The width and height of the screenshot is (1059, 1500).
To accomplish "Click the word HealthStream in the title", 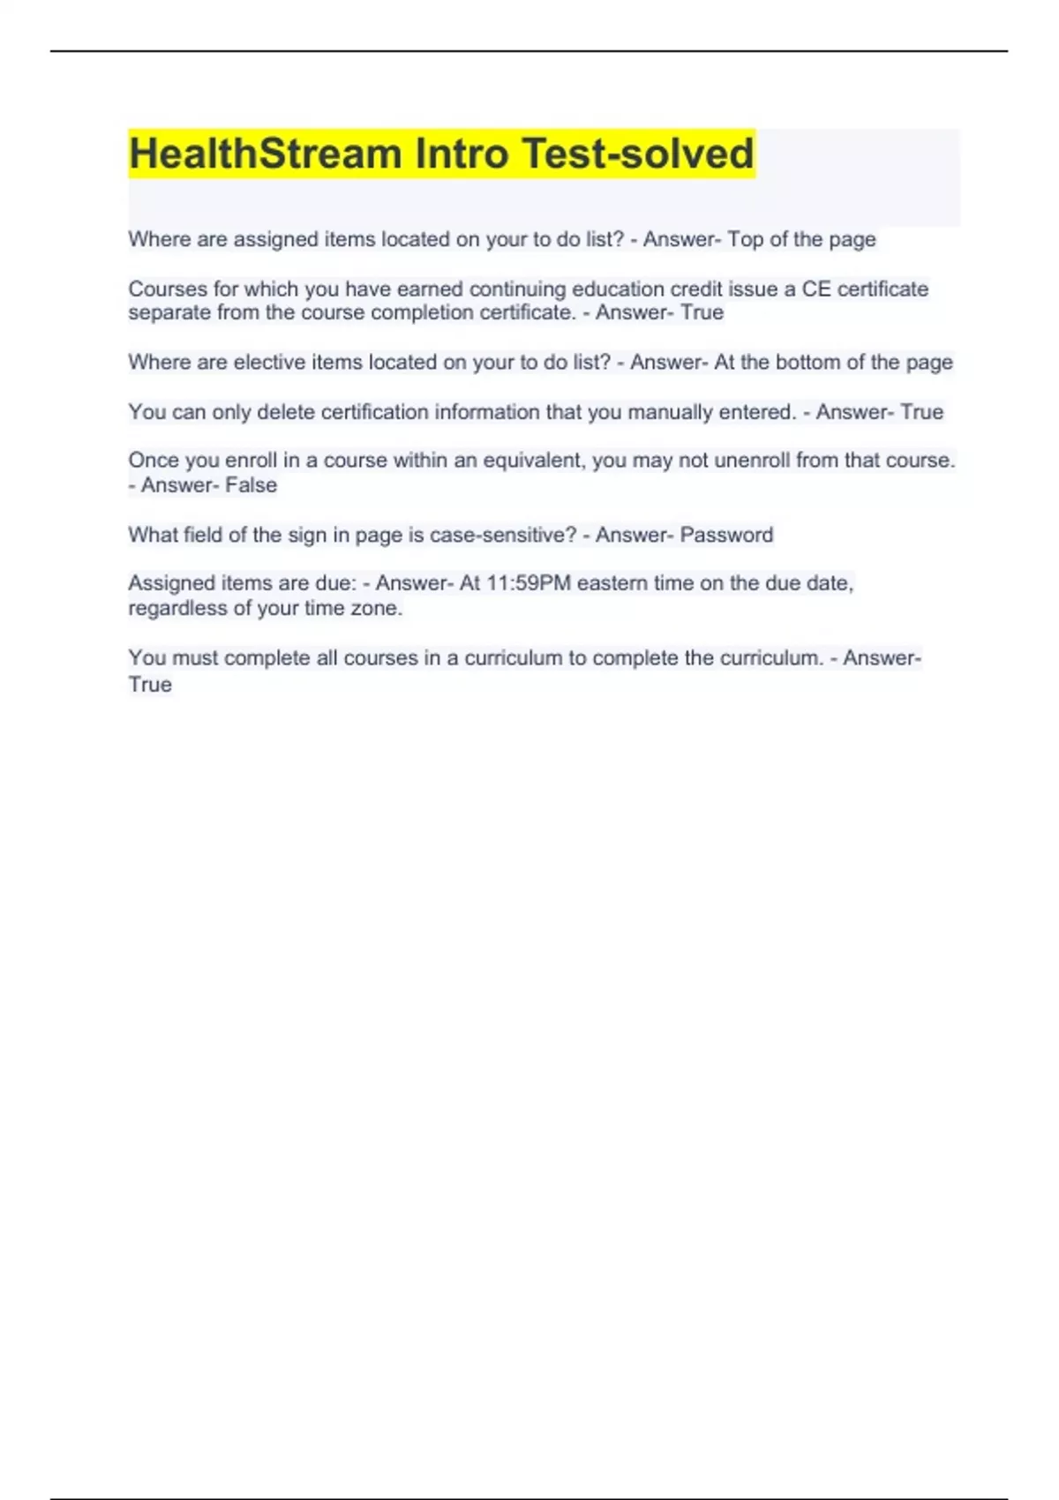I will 266,154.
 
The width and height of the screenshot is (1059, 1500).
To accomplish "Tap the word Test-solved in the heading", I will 638,154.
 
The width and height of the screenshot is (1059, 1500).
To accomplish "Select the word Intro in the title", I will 462,154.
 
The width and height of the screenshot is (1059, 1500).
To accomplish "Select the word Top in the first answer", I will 745,240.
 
